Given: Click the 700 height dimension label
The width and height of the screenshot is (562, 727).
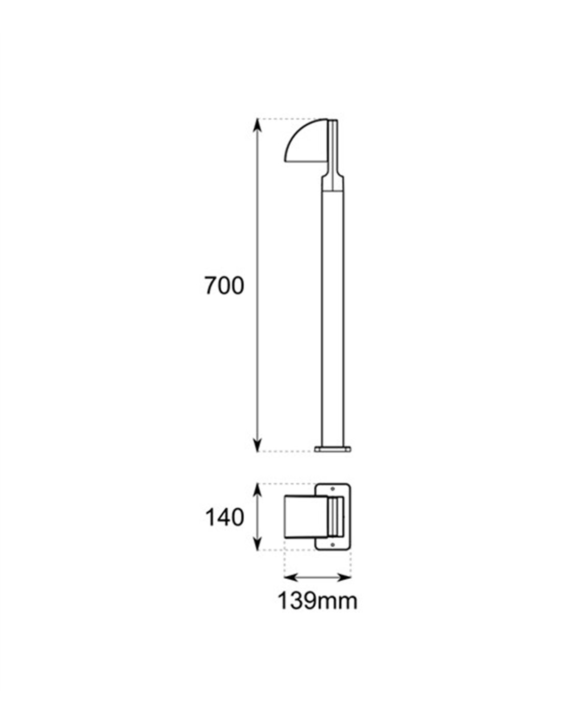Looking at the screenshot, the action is pyautogui.click(x=224, y=286).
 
